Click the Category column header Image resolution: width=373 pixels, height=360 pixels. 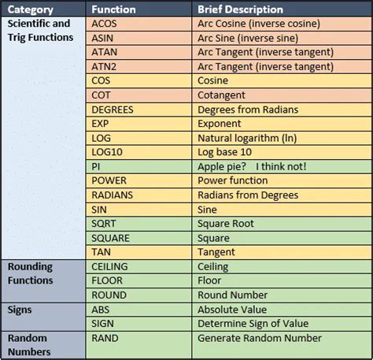click(31, 9)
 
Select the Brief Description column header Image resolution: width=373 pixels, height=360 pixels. click(240, 9)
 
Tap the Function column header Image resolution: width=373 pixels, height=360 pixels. click(115, 9)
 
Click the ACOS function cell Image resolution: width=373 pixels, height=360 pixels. click(105, 24)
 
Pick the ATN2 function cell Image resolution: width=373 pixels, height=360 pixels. click(105, 66)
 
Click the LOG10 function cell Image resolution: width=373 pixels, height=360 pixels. click(107, 152)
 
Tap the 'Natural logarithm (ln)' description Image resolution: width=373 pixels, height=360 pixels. click(253, 138)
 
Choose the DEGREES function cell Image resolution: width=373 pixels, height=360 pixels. click(113, 109)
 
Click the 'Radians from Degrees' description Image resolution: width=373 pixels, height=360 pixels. click(248, 195)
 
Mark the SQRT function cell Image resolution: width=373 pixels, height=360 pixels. click(105, 224)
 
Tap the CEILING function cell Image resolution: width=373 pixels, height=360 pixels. click(111, 266)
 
